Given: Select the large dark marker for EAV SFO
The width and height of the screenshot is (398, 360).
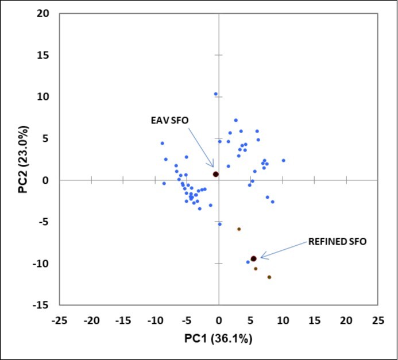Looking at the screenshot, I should (x=216, y=174).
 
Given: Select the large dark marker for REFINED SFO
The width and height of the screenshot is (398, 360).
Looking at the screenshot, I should (x=253, y=259).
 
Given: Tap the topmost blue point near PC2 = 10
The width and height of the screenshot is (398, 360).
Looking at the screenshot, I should (x=216, y=94).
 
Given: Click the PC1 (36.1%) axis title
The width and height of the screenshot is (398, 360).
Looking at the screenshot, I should (x=218, y=339).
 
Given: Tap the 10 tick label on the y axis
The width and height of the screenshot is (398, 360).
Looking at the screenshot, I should (x=45, y=96).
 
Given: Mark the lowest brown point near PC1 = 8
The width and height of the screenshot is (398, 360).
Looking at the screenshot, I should (x=269, y=277).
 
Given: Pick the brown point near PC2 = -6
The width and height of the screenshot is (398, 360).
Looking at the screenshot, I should (x=239, y=229).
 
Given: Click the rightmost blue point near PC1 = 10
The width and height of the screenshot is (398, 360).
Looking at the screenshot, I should (x=283, y=161).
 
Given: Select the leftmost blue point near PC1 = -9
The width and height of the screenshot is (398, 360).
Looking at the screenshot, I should (x=162, y=143).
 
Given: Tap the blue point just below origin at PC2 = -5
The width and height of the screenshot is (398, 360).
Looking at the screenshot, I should (x=219, y=224).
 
